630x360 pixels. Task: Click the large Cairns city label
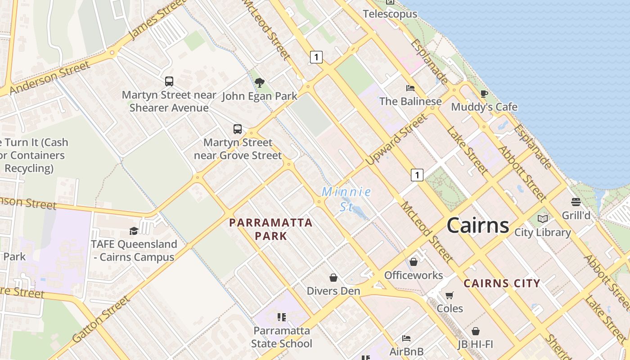coord(477,225)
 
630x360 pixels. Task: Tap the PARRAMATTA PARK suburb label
coord(270,229)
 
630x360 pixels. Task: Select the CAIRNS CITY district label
coord(502,283)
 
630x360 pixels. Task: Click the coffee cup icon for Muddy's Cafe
coord(484,94)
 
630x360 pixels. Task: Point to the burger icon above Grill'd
coord(576,202)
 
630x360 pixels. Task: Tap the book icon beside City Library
coord(543,219)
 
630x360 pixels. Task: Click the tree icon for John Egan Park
coord(259,82)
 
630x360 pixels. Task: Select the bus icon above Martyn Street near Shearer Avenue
coord(169,81)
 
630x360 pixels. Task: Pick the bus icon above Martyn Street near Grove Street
coord(238,129)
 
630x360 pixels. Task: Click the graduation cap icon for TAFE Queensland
coord(134,231)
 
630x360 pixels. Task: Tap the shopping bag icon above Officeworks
coord(414,261)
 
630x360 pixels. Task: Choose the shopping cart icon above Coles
coord(449,295)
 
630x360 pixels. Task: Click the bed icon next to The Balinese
coord(410,88)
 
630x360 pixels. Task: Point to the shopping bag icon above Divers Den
coord(333,278)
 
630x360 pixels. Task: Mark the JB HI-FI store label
coord(475,345)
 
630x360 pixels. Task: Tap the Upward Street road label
coord(396,139)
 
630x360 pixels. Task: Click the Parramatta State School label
coord(282,337)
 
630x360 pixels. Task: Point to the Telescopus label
coord(390,14)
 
